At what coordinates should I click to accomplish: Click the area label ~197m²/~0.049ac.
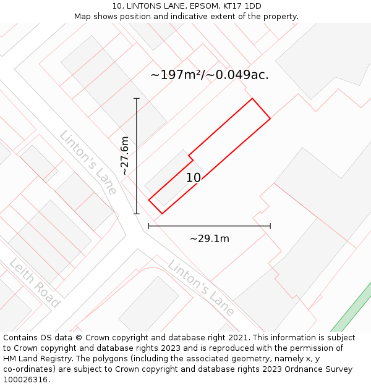(210, 75)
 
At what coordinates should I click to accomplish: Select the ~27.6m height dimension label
(124, 156)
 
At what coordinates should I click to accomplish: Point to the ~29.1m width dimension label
(209, 238)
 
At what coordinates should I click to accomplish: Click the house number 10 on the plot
(193, 178)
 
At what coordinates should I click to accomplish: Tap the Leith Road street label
(35, 283)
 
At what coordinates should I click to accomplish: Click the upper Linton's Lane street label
(88, 162)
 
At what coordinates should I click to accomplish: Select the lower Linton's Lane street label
(201, 287)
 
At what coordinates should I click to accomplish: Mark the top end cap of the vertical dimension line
(137, 98)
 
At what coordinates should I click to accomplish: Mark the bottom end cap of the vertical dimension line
(137, 214)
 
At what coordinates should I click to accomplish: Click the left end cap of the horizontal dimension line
(149, 226)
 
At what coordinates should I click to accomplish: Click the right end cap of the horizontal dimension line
(270, 226)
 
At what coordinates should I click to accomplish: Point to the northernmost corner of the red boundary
(252, 98)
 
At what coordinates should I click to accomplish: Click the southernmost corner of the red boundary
(162, 214)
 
